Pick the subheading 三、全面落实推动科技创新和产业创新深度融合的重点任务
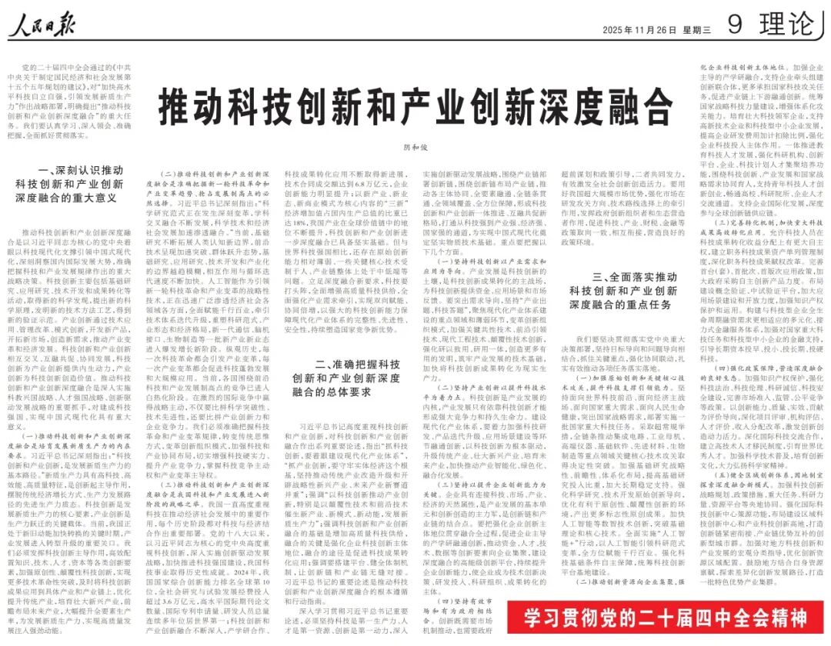coord(622,291)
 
